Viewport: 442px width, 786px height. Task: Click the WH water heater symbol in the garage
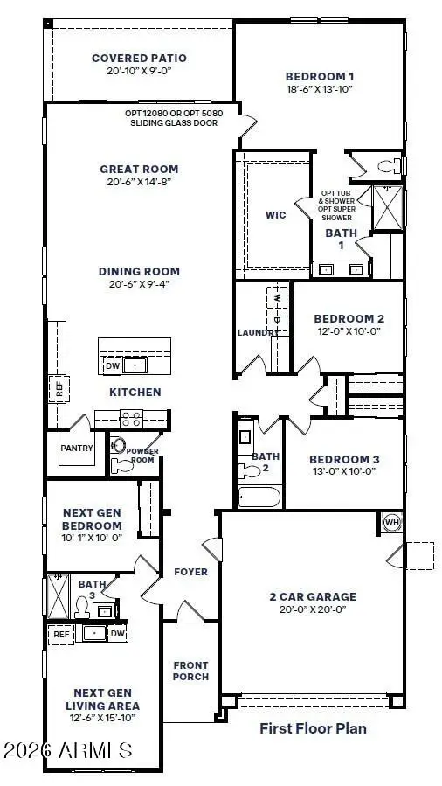pos(390,523)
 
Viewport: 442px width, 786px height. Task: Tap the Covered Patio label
pos(140,59)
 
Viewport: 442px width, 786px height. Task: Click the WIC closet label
pos(276,213)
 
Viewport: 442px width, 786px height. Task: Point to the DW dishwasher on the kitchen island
pos(112,366)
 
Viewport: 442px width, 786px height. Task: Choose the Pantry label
pos(76,449)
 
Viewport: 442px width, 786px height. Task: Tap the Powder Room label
pos(142,456)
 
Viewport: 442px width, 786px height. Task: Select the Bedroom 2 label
pos(349,318)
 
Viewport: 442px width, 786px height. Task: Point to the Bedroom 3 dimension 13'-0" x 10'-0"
pos(344,472)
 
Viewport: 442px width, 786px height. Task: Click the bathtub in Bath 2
pos(259,498)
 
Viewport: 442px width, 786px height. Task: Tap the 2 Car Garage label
pos(312,597)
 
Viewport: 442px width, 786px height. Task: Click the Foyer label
pos(191,572)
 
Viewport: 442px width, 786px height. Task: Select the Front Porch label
pos(190,671)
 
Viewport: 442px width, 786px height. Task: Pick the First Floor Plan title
pos(313,727)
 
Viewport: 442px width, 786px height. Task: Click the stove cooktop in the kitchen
pos(131,418)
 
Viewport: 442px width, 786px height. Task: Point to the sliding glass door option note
pos(170,118)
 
